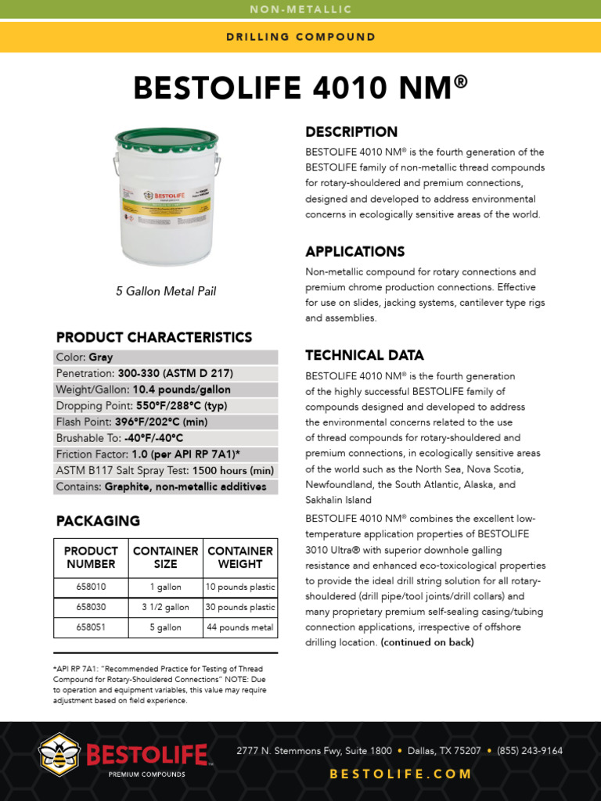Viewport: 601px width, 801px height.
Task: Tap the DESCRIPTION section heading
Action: (351, 132)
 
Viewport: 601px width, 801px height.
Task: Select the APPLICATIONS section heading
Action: (354, 252)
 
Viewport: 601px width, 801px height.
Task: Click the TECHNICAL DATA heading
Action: (365, 355)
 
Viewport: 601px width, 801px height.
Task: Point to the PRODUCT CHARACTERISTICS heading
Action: (154, 337)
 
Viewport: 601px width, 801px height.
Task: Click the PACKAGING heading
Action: (98, 521)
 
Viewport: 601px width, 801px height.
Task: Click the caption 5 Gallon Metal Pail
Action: (166, 292)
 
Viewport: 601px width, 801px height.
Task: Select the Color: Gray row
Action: (166, 357)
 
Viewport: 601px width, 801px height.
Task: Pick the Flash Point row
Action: (166, 422)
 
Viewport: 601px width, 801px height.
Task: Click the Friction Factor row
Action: (166, 454)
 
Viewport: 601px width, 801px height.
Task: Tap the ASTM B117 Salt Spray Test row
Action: (166, 470)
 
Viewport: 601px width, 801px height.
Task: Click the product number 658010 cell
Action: (91, 587)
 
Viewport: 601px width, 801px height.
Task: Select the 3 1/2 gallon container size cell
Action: (165, 607)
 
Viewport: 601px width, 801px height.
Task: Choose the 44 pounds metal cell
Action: (239, 627)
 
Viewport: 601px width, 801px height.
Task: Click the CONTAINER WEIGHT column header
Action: (239, 557)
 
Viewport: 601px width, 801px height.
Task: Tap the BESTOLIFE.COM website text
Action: (401, 774)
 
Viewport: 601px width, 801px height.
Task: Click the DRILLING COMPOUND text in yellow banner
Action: (300, 37)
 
